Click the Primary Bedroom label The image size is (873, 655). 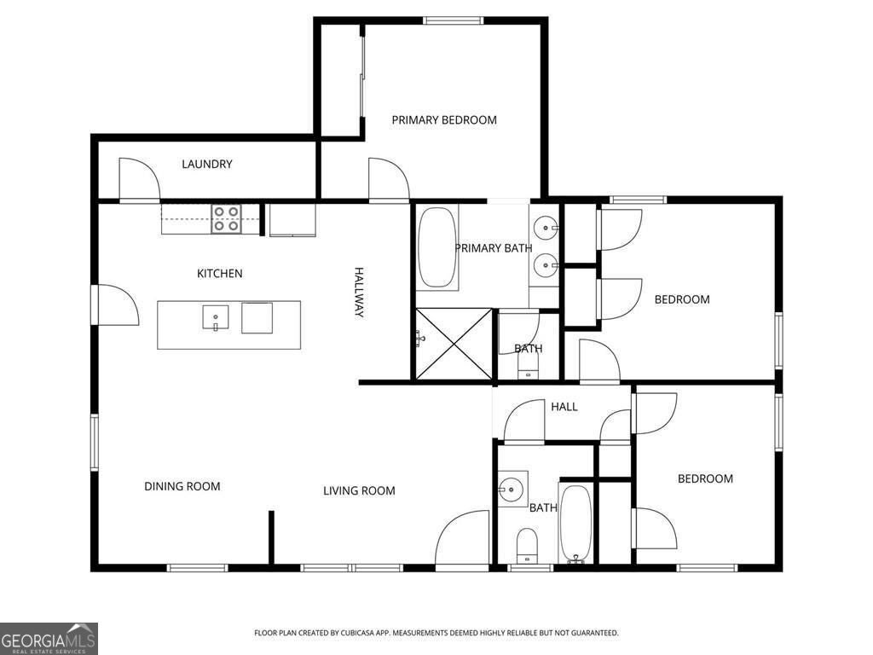click(443, 119)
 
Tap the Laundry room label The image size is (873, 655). click(206, 164)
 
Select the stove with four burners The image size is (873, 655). click(227, 219)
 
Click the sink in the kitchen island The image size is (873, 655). click(216, 318)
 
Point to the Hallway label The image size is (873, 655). click(359, 293)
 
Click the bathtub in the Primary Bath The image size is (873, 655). click(437, 248)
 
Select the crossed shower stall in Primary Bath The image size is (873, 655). click(454, 345)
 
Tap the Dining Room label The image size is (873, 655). click(182, 486)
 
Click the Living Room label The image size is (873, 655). click(359, 490)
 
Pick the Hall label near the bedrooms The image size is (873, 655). click(564, 407)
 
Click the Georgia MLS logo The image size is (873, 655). click(49, 638)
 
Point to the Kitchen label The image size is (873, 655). click(219, 274)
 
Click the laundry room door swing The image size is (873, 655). click(139, 179)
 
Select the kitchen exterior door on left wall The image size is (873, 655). click(116, 304)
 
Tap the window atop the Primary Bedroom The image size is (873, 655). click(453, 20)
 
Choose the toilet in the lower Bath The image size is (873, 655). click(527, 546)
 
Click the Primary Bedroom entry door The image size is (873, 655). click(389, 179)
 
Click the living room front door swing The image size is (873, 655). click(461, 539)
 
